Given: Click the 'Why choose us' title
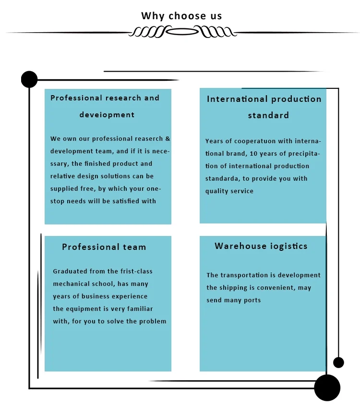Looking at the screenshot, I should (181, 16).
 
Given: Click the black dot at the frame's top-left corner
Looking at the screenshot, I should (29, 79).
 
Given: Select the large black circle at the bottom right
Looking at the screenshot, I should (327, 387).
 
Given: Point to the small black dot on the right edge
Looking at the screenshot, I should (338, 362).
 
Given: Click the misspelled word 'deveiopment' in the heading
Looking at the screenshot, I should (107, 115).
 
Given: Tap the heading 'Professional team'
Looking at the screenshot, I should (104, 247).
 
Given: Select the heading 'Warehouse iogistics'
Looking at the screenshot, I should (261, 246).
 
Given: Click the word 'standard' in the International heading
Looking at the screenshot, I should (268, 115).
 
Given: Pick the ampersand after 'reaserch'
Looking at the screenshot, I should (168, 139).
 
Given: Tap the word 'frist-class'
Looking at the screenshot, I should (135, 272).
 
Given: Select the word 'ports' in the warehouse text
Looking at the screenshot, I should (252, 300).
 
